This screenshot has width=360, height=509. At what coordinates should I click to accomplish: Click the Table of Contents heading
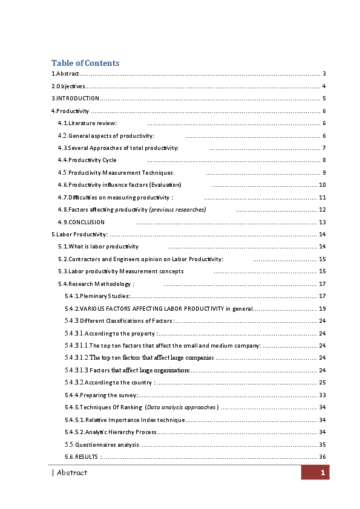coord(85,63)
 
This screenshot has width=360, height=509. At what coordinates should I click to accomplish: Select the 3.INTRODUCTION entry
coord(76,98)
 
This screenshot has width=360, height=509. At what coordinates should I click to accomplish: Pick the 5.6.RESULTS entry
coord(79,456)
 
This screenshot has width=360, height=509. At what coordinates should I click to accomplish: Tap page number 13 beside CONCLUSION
coord(322,222)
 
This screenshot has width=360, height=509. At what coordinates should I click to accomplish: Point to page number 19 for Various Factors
coord(322,308)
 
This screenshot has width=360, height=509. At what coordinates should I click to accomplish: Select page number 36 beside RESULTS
coord(322,456)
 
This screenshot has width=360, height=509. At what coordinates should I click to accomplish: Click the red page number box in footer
coord(315,473)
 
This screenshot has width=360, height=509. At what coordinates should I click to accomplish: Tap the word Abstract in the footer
coord(71,473)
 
